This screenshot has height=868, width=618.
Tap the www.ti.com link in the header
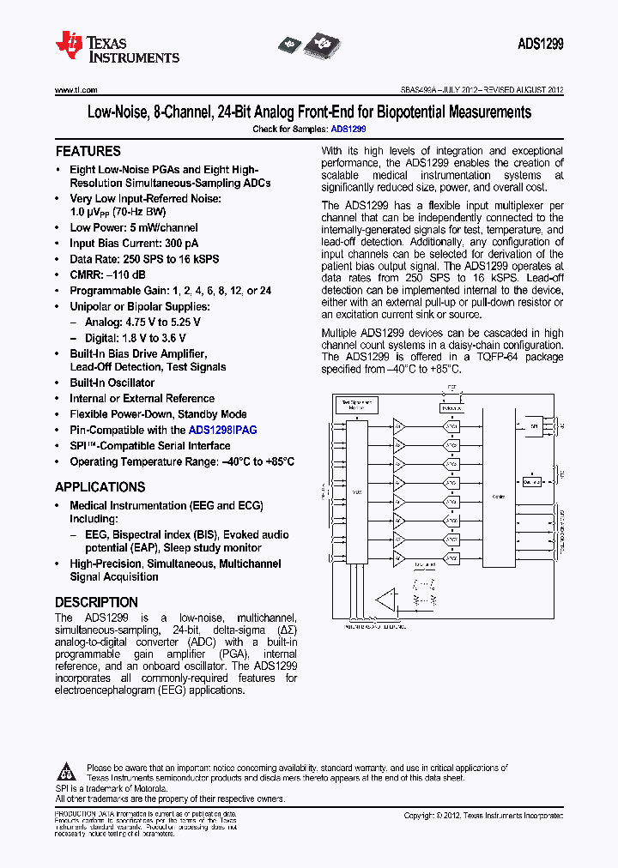click(76, 89)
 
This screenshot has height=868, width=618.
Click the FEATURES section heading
click(88, 151)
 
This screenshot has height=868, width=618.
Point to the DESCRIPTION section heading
click(96, 602)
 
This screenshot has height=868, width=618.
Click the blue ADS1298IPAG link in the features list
click(222, 431)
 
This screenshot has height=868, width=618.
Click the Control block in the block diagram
click(499, 497)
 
